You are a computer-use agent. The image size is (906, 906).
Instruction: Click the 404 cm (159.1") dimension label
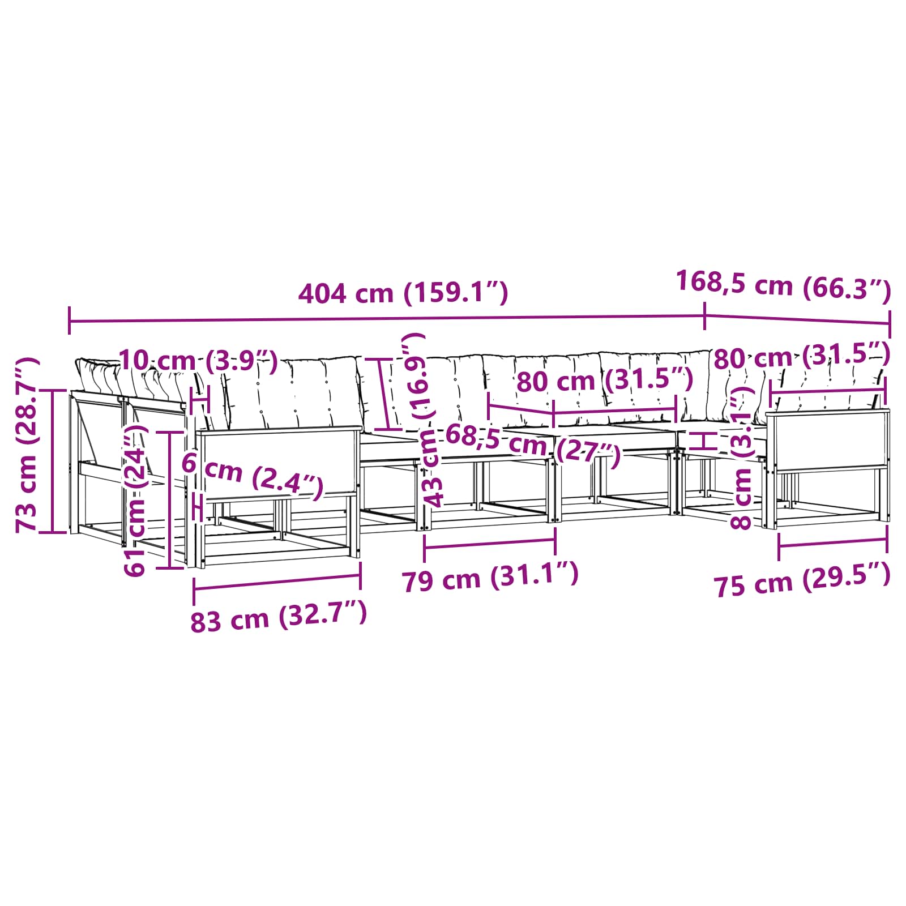point(403,293)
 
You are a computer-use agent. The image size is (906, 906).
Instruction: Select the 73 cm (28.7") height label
point(27,445)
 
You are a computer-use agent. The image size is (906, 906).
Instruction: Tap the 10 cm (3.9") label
point(198,361)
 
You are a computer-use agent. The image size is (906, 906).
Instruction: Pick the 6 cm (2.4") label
point(252,475)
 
